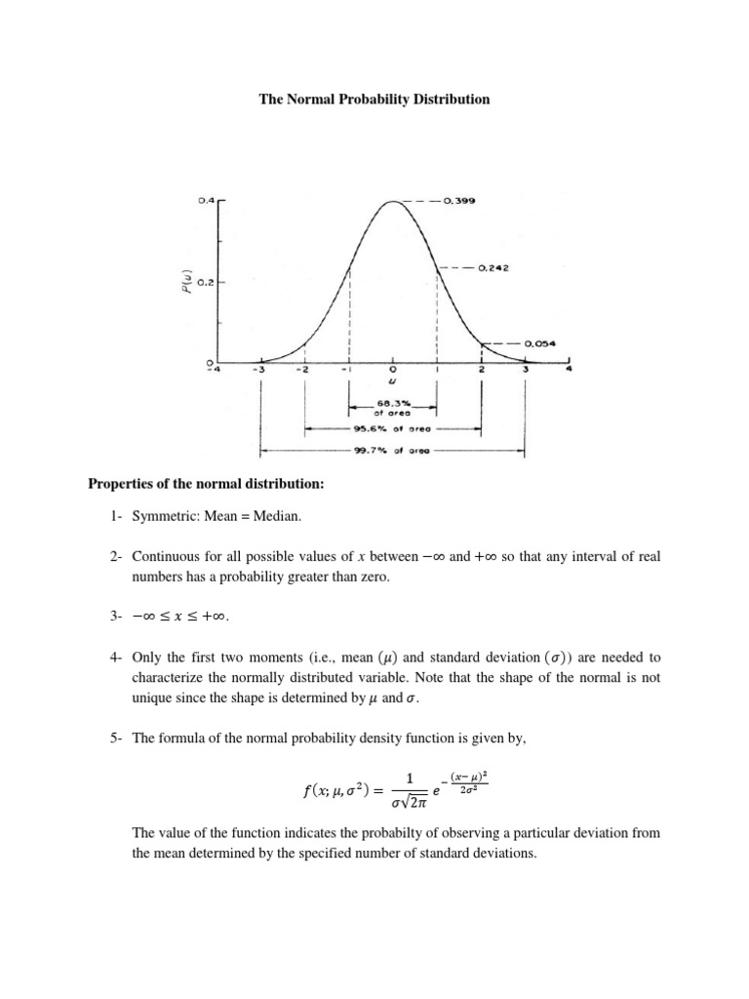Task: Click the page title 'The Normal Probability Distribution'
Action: click(374, 100)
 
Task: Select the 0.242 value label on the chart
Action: click(495, 267)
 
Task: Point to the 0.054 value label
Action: click(540, 343)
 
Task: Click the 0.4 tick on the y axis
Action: click(205, 200)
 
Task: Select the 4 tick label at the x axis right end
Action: click(572, 371)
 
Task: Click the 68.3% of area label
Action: click(393, 407)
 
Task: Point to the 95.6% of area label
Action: click(394, 428)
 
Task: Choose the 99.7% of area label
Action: click(394, 452)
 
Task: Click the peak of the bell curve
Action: click(392, 203)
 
